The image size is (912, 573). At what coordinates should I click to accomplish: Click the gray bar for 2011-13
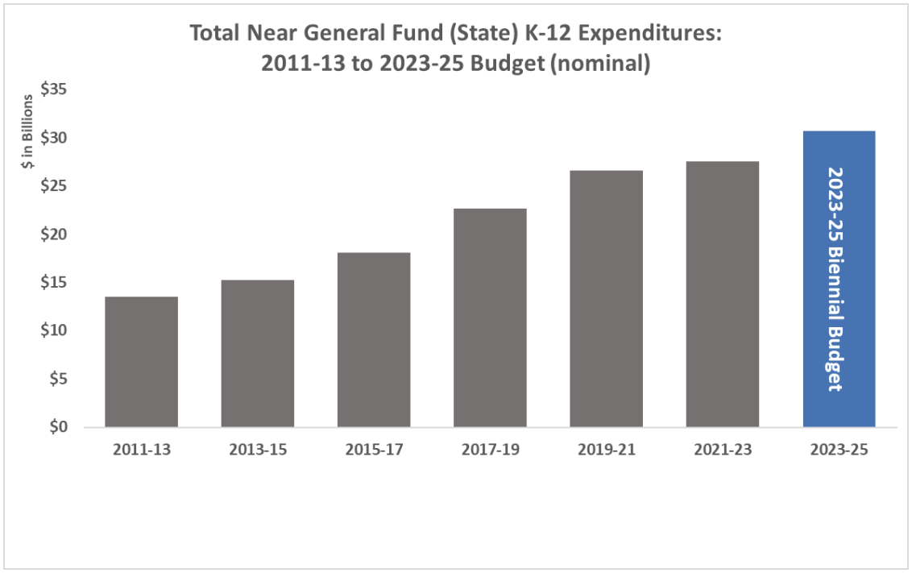141,362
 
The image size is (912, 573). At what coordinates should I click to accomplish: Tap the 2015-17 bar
374,339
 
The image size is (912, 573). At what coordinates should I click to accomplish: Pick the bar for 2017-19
490,318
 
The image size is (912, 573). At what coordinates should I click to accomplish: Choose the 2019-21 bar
606,298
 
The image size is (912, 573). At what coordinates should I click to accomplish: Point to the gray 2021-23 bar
723,294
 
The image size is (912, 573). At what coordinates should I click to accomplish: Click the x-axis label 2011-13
142,450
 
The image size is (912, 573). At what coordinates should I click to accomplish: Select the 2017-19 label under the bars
490,450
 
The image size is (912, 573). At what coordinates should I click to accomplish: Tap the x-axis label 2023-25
839,450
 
